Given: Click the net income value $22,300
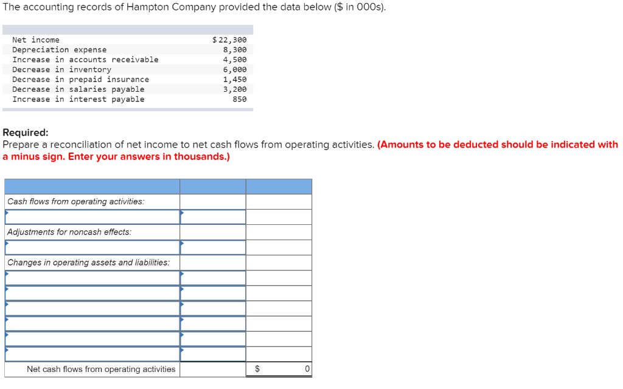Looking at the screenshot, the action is pos(229,40).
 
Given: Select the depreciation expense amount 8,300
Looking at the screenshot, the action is pos(235,50).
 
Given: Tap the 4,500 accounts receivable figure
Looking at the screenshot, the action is pos(235,60).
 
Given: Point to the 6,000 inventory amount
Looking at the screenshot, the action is pos(235,69).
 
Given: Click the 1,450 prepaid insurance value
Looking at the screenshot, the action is pos(235,80).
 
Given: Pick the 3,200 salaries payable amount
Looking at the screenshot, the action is pos(235,89).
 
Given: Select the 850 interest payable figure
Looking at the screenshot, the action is pos(240,99).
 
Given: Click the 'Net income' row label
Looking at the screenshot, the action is pos(36,40).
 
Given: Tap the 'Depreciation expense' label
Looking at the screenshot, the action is pos(59,50).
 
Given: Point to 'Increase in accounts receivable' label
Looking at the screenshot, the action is pos(85,60).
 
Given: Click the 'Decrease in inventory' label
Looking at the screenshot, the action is pos(61,69).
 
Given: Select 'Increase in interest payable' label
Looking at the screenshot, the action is pos(78,99).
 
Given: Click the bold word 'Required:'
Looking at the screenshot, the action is pos(26,133).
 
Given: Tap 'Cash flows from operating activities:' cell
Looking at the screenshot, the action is pos(76,202).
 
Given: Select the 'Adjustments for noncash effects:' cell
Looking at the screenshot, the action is pos(69,232).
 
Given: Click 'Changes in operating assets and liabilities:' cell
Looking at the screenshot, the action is pos(89,263).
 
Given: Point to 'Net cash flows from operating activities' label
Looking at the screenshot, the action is pos(101,369).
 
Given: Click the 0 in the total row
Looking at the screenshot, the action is pos(307,369).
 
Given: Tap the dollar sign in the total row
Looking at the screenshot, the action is pos(257,369).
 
